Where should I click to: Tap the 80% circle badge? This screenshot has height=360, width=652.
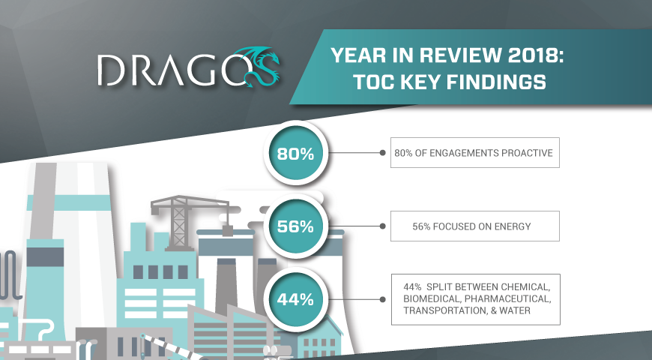point(295,153)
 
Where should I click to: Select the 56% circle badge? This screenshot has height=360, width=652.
point(295,226)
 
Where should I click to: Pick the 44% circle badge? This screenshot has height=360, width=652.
point(295,299)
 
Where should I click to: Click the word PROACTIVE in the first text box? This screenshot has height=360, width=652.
point(527,153)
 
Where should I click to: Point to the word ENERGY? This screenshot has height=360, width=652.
point(513,226)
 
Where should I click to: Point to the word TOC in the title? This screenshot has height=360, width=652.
point(374,82)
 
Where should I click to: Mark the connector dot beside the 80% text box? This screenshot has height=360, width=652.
point(382,153)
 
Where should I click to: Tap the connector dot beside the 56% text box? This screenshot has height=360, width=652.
point(382,226)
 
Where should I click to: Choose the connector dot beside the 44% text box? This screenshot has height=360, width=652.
point(382,299)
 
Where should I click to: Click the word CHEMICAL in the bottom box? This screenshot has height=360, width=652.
point(525,287)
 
